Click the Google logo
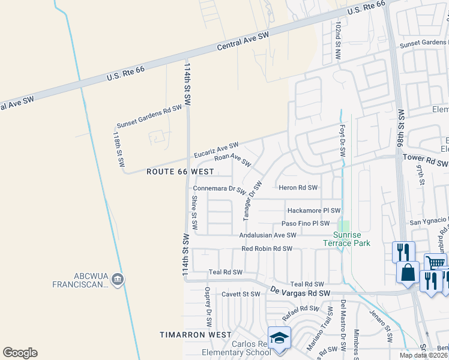pyautogui.click(x=20, y=353)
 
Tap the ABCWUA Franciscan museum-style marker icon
pyautogui.click(x=118, y=279)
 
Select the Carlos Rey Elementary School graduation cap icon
pyautogui.click(x=279, y=338)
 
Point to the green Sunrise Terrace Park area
pyautogui.click(x=344, y=226)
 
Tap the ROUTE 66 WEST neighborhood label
pyautogui.click(x=181, y=172)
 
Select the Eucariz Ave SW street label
pyautogui.click(x=216, y=150)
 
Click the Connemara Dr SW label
pyautogui.click(x=220, y=189)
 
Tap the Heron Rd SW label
pyautogui.click(x=298, y=188)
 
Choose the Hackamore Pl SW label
pyautogui.click(x=314, y=211)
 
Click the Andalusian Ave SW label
pyautogui.click(x=268, y=236)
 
